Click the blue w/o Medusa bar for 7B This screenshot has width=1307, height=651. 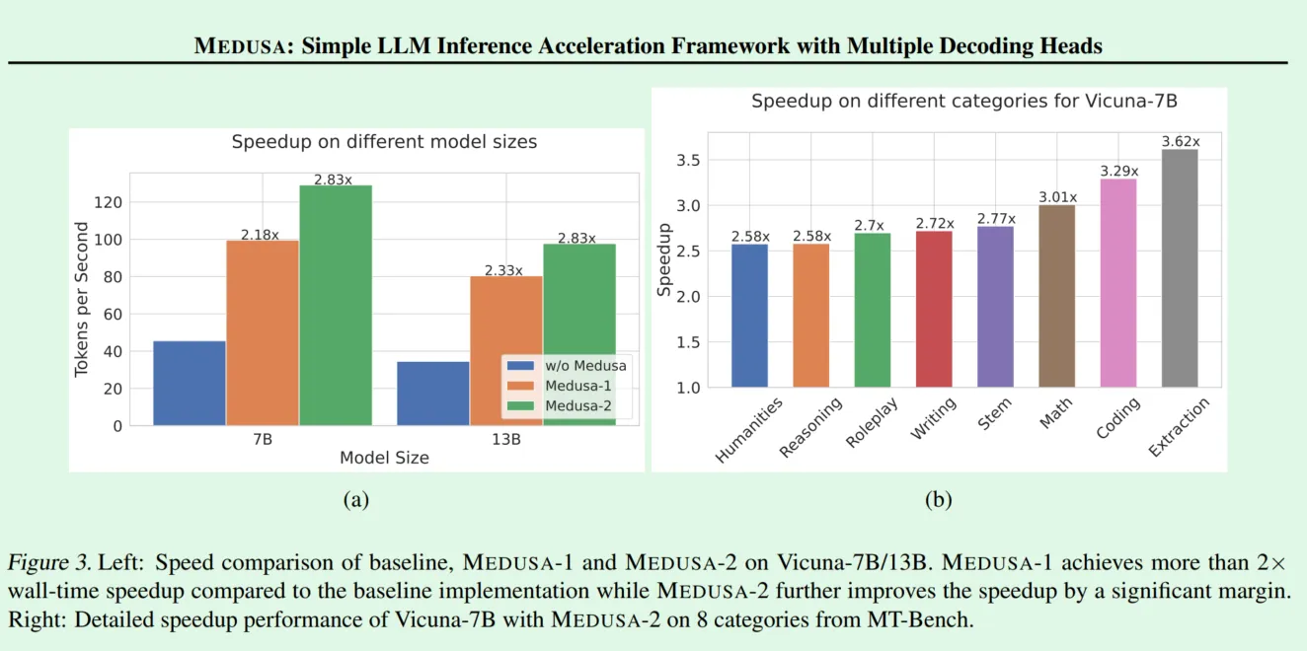coord(190,383)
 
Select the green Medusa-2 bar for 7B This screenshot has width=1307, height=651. coord(336,306)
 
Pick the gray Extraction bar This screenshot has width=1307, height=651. coord(1180,268)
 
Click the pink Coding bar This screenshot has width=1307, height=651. coord(1118,283)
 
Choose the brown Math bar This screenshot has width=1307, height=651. coord(1056,296)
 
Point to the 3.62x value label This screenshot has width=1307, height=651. coord(1181,141)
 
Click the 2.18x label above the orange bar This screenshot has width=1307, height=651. coord(260,235)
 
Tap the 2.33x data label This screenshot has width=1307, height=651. coord(503,270)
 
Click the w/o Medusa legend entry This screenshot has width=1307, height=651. coord(567,365)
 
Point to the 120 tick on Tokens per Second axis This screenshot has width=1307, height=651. coord(108,202)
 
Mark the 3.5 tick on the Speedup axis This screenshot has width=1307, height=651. coord(688,160)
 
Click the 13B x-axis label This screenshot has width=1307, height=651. coord(505,439)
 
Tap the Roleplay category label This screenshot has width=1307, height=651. coord(871,422)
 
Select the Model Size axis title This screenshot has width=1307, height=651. coord(385,458)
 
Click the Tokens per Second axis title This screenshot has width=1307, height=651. coord(82,299)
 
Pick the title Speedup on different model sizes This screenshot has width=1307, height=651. coord(385,142)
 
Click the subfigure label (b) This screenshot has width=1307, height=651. coord(938,499)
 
